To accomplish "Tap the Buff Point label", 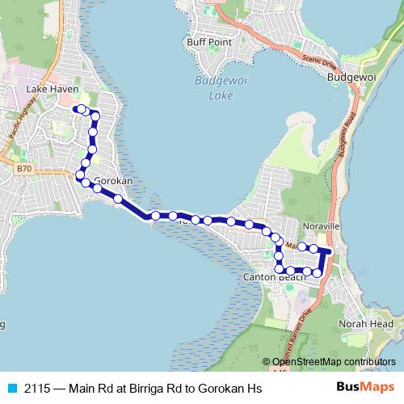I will point(209,42).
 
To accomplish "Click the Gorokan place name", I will point(113,182).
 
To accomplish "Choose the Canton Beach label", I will point(273,277).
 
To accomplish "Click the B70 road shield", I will point(23,169).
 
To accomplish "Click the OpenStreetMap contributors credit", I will point(333,362).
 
